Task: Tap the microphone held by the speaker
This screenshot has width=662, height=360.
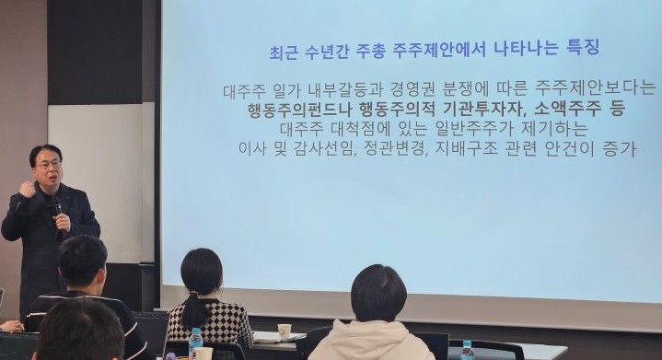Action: [x=56, y=206]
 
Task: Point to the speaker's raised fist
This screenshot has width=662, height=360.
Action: [x=27, y=188]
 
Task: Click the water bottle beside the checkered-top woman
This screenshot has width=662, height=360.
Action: [x=195, y=342]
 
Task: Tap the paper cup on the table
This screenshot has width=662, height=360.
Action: [x=285, y=330]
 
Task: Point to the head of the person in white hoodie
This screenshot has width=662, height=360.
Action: [x=378, y=293]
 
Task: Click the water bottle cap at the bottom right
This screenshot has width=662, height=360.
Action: [x=467, y=344]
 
